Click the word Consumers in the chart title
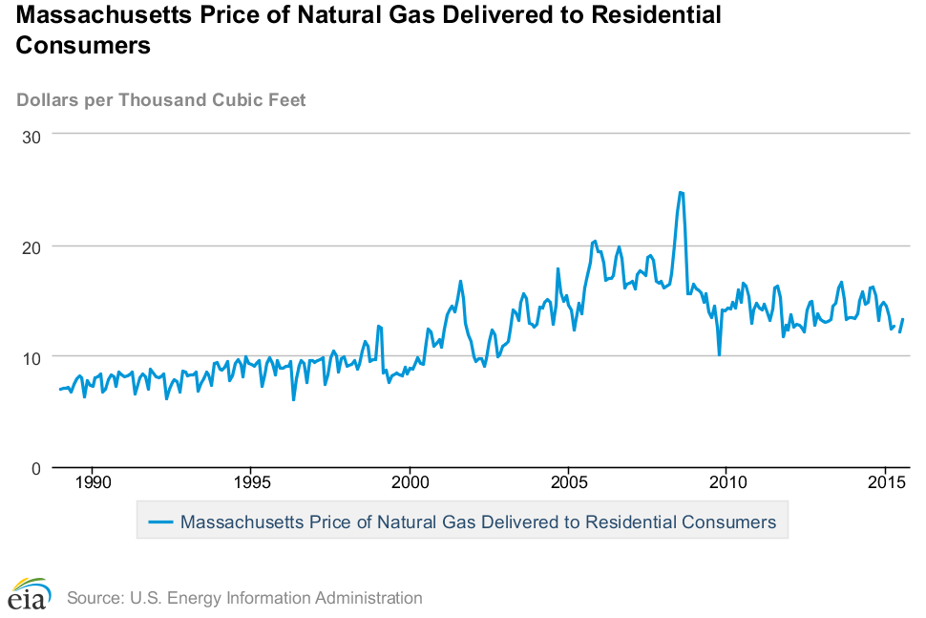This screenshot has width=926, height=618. [x=83, y=46]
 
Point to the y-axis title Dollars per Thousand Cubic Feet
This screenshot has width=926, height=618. [x=161, y=100]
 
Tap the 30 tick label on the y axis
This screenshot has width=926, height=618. [x=31, y=137]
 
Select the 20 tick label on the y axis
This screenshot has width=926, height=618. [x=31, y=246]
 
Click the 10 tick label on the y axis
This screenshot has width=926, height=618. [x=31, y=357]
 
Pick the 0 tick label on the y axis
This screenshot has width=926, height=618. [x=35, y=468]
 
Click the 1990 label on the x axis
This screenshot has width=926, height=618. [x=93, y=484]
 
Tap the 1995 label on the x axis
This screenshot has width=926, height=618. [x=251, y=484]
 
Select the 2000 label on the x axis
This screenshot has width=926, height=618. [x=410, y=484]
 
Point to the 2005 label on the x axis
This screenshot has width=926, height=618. [x=568, y=484]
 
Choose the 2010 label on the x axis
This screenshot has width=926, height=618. [x=726, y=484]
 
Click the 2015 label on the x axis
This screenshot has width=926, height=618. [x=885, y=484]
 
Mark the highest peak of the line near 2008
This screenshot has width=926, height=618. [x=680, y=192]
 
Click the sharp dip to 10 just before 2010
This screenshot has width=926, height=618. [x=719, y=354]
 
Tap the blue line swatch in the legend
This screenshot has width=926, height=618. [x=161, y=522]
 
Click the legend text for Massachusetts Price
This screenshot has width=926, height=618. [x=477, y=522]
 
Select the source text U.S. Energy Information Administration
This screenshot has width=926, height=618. [x=244, y=598]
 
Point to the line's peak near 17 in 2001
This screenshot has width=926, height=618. [x=460, y=281]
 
